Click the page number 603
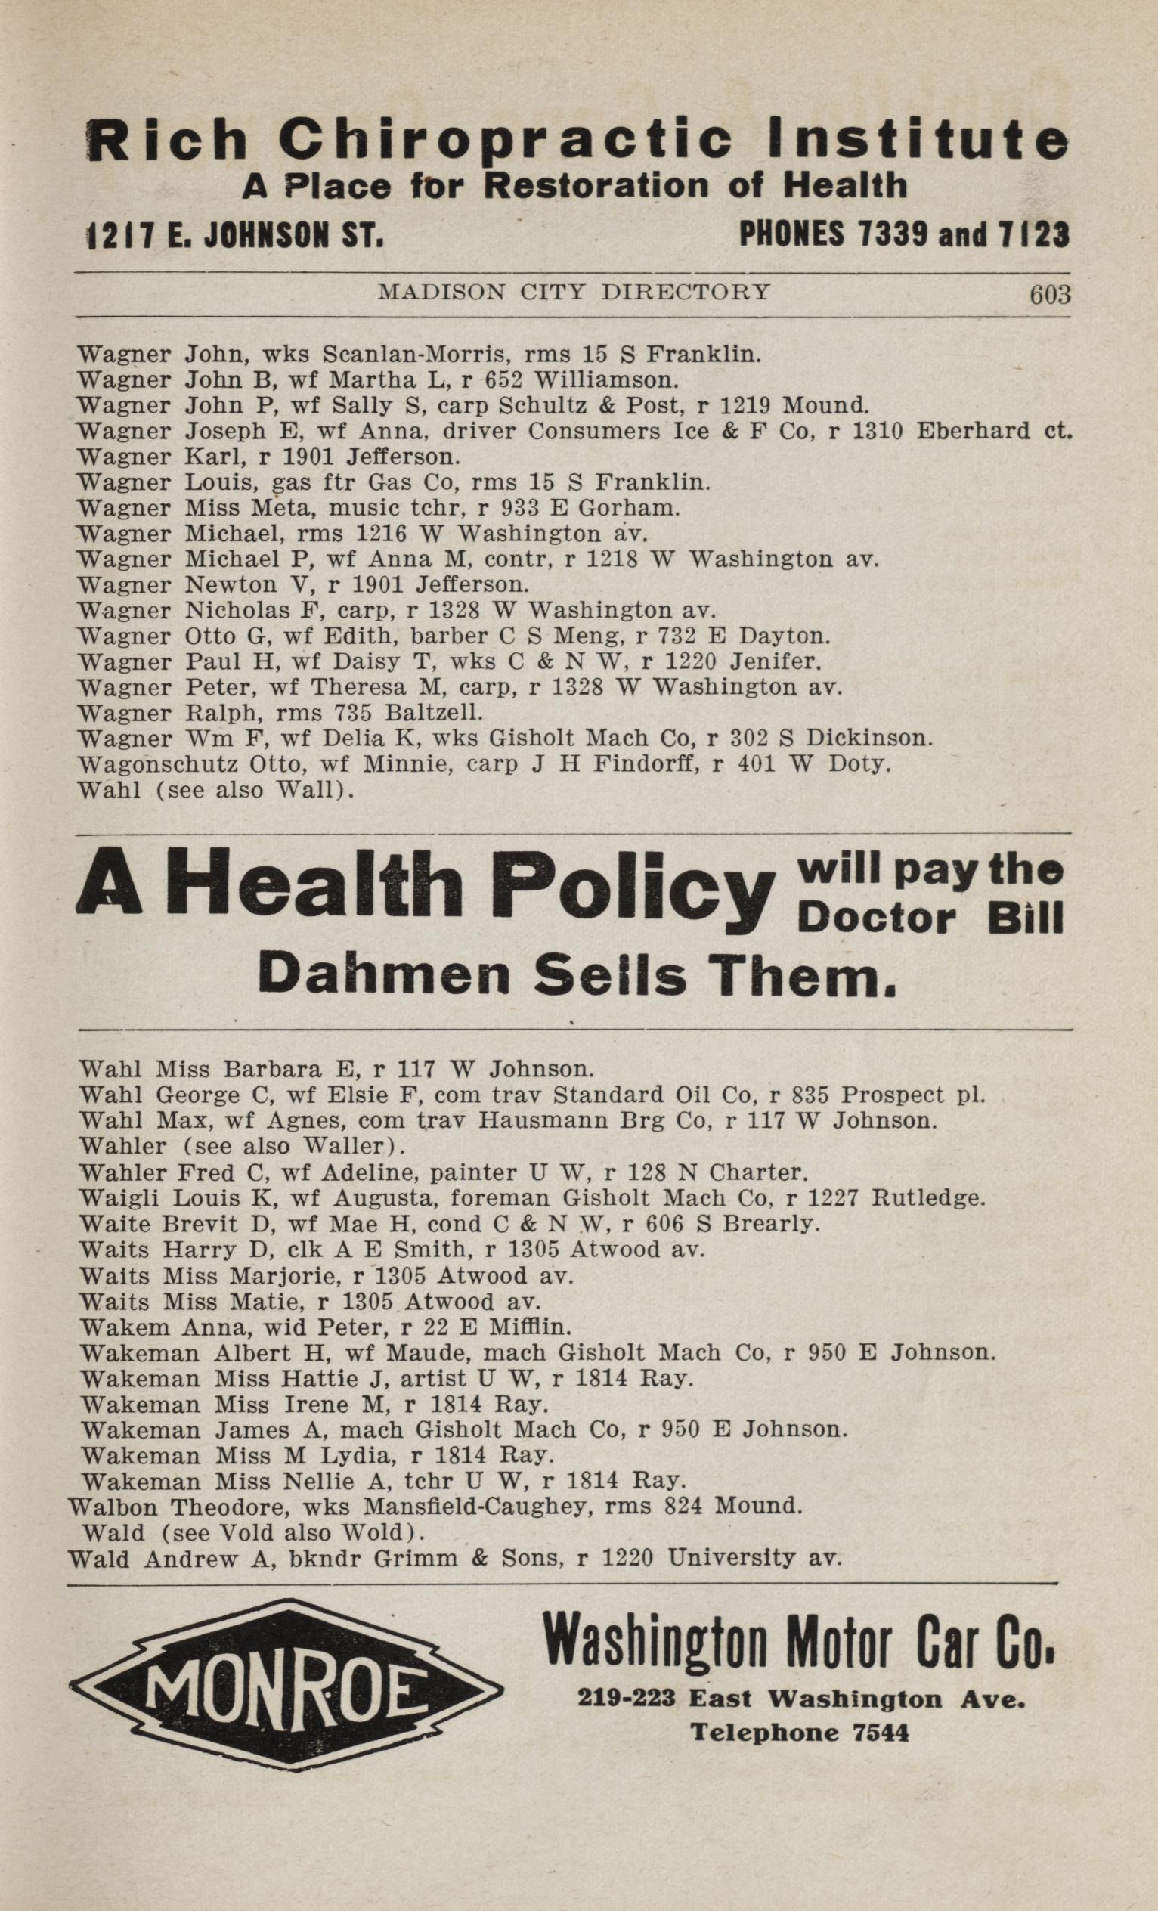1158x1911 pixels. (1048, 296)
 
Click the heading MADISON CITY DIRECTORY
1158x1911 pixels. (574, 293)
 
